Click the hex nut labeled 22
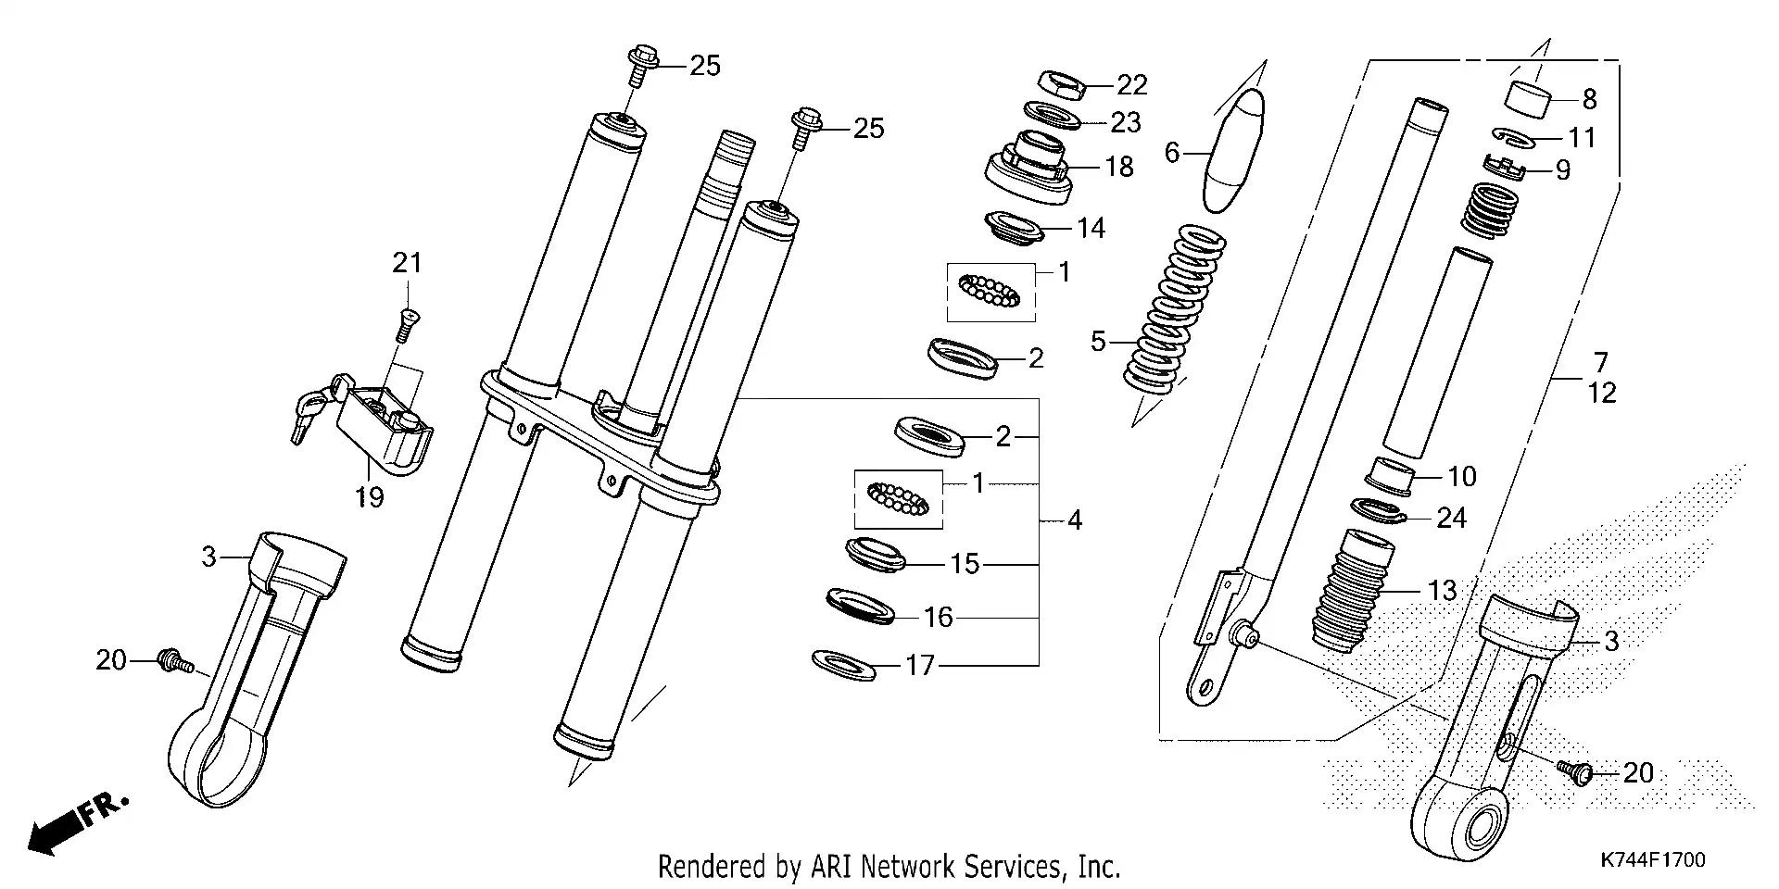(x=1060, y=85)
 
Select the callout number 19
(x=369, y=498)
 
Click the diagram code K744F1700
(x=1653, y=860)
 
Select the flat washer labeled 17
(x=843, y=664)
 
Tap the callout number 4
(x=1074, y=520)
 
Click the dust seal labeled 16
(x=860, y=606)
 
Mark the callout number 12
(x=1601, y=394)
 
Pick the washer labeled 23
(x=1054, y=118)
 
